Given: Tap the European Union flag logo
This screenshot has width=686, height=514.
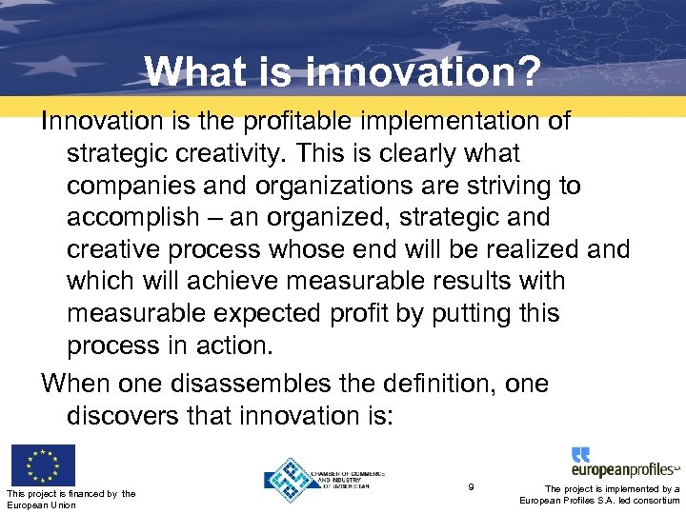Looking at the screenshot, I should pyautogui.click(x=42, y=465).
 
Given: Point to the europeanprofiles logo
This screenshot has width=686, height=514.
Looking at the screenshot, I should pyautogui.click(x=624, y=463).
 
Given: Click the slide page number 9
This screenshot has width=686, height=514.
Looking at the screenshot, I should pyautogui.click(x=472, y=487).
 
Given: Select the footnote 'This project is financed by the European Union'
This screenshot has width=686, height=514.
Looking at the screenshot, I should pyautogui.click(x=71, y=498).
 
